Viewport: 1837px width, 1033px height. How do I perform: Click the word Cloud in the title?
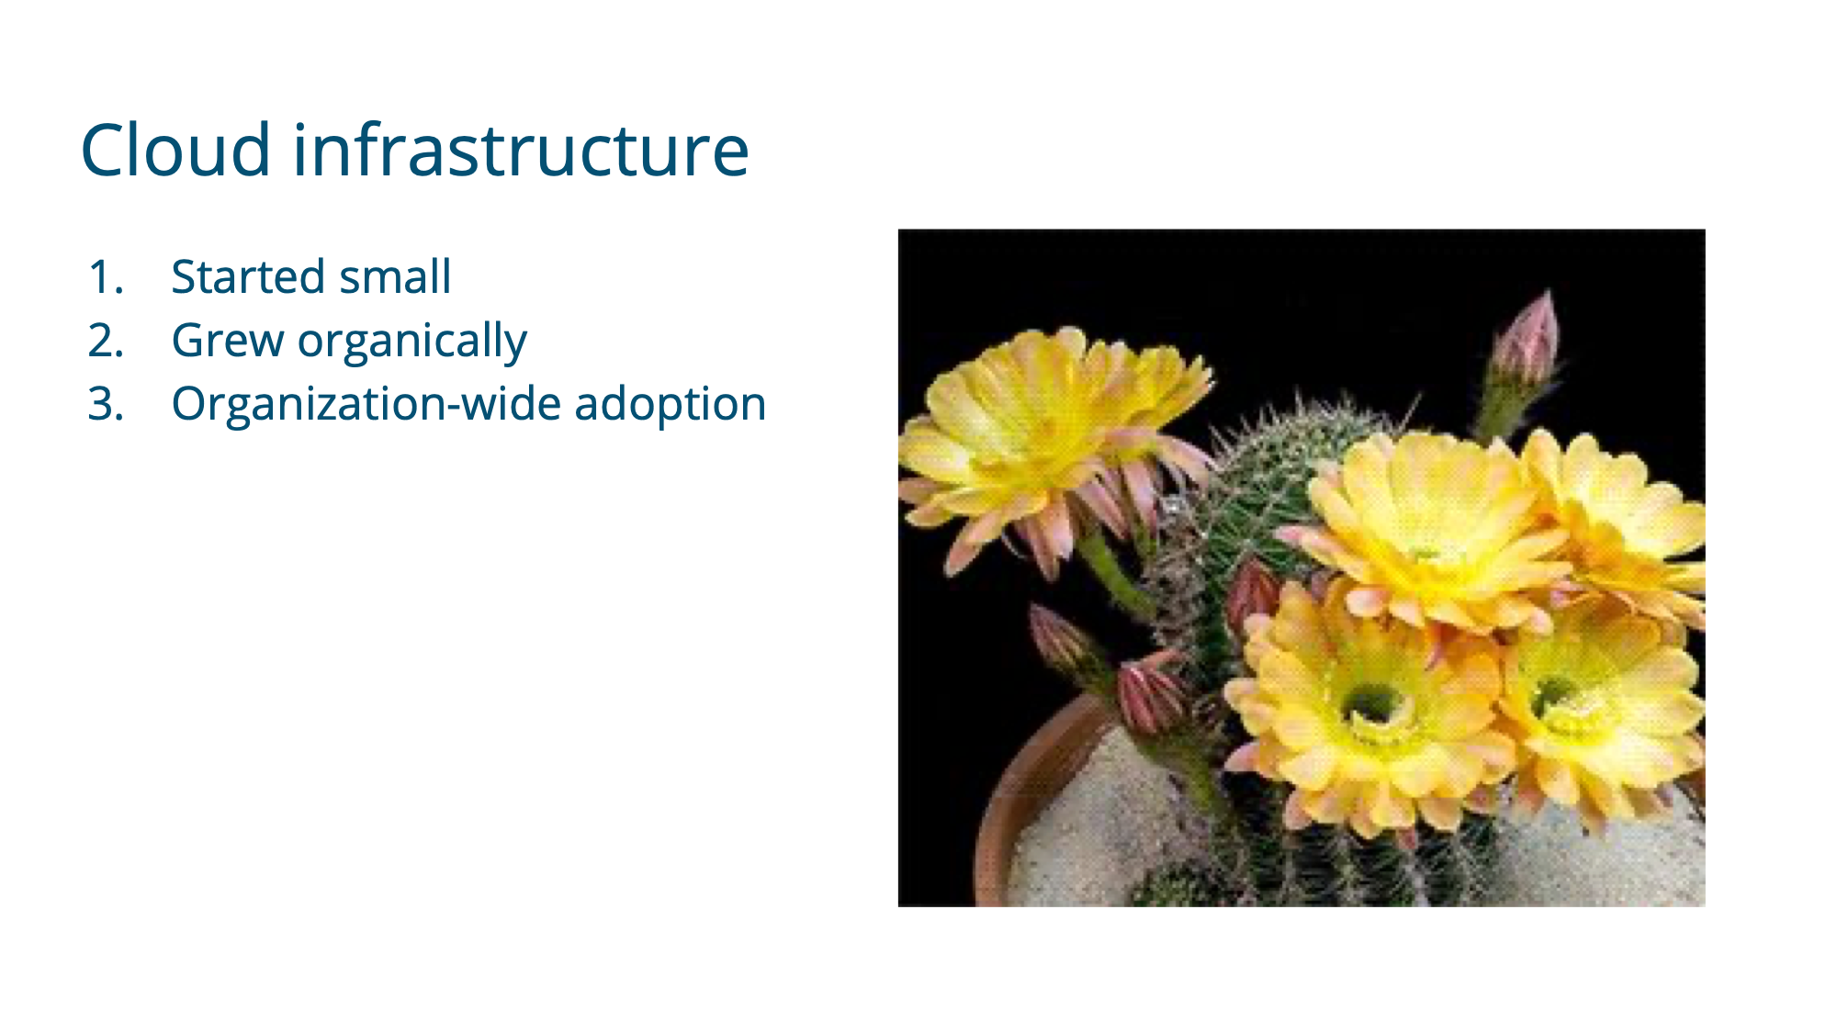[175, 149]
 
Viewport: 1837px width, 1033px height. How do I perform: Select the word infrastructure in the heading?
[521, 149]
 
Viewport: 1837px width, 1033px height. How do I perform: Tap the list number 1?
[106, 277]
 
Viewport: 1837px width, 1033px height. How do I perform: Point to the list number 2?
[106, 341]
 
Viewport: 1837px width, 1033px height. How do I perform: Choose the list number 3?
[106, 404]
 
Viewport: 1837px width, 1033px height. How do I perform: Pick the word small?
[396, 276]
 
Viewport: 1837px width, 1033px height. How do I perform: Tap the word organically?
[412, 342]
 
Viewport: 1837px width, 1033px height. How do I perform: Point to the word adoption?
[671, 405]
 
